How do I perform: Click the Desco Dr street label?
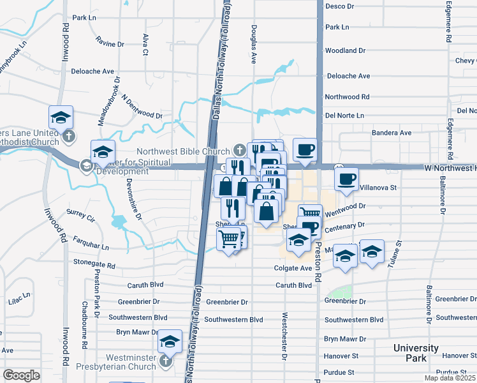pyautogui.click(x=339, y=6)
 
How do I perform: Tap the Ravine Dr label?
pyautogui.click(x=110, y=44)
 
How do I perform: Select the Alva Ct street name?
pyautogui.click(x=145, y=45)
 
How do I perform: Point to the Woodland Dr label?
pyautogui.click(x=344, y=50)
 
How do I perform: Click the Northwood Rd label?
pyautogui.click(x=347, y=97)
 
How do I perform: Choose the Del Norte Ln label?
pyautogui.click(x=344, y=116)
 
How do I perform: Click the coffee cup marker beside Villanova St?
pyautogui.click(x=346, y=179)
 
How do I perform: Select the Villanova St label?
pyautogui.click(x=379, y=188)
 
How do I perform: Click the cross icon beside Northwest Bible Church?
pyautogui.click(x=240, y=151)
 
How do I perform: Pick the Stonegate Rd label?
pyautogui.click(x=93, y=263)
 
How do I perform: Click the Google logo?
pyautogui.click(x=21, y=375)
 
